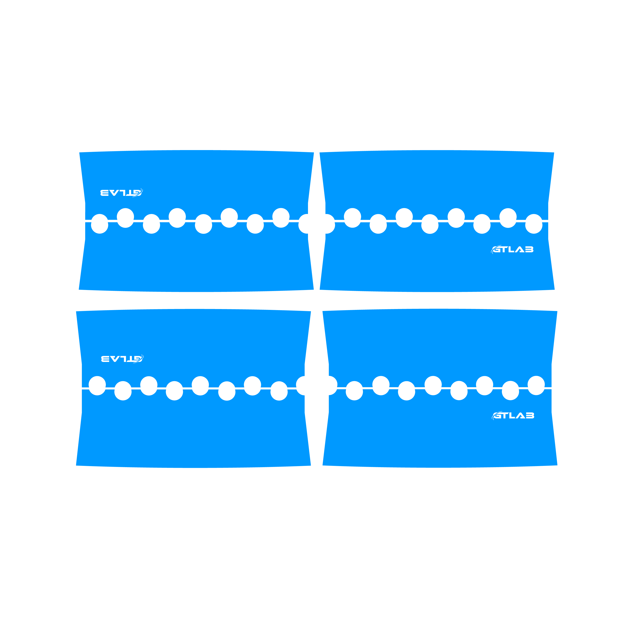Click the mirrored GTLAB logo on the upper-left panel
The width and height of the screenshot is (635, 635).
tap(122, 193)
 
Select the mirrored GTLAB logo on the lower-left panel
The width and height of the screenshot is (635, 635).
tap(122, 359)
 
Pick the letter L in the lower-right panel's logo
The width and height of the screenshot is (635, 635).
tap(512, 416)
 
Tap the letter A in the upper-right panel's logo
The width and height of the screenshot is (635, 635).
tap(520, 250)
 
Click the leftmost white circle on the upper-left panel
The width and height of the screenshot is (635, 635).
tap(99, 224)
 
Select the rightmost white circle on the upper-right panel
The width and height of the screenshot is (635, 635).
tap(534, 224)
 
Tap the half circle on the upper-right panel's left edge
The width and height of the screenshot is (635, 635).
tap(330, 224)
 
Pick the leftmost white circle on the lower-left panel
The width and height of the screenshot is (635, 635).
tap(97, 385)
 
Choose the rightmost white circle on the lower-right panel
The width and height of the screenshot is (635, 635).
tap(536, 385)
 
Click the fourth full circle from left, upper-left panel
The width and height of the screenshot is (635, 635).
tap(177, 218)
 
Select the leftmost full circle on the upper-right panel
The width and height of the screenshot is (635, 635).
tap(352, 218)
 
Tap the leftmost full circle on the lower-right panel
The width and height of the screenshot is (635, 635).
tap(354, 391)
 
